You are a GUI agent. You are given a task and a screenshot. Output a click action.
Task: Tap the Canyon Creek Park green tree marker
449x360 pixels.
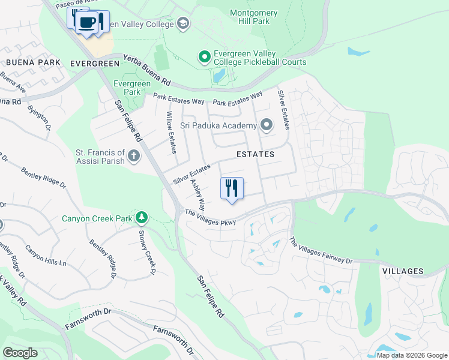pyautogui.click(x=141, y=217)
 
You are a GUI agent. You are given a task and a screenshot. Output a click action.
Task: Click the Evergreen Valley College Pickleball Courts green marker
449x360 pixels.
pyautogui.click(x=204, y=57)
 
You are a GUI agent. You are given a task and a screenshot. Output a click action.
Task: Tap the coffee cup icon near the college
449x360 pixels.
pyautogui.click(x=88, y=22)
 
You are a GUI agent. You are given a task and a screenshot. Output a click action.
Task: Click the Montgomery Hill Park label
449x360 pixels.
pyautogui.click(x=253, y=17)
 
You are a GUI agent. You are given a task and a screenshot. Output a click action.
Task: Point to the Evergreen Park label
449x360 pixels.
pyautogui.click(x=127, y=88)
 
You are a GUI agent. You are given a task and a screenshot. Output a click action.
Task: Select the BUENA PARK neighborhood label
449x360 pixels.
pyautogui.click(x=33, y=62)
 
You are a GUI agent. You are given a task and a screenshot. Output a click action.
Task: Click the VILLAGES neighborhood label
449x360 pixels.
pyautogui.click(x=402, y=271)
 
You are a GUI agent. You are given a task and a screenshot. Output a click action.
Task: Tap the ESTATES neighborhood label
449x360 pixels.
pyautogui.click(x=255, y=154)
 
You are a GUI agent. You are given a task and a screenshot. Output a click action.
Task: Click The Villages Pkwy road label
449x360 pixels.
pyautogui.click(x=210, y=217)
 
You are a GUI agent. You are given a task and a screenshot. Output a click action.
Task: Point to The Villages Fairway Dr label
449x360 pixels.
pyautogui.click(x=321, y=251)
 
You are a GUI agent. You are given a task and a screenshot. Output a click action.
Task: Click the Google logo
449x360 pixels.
pyautogui.click(x=20, y=352)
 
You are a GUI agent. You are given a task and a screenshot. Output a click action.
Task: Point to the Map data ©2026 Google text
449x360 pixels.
pyautogui.click(x=411, y=355)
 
